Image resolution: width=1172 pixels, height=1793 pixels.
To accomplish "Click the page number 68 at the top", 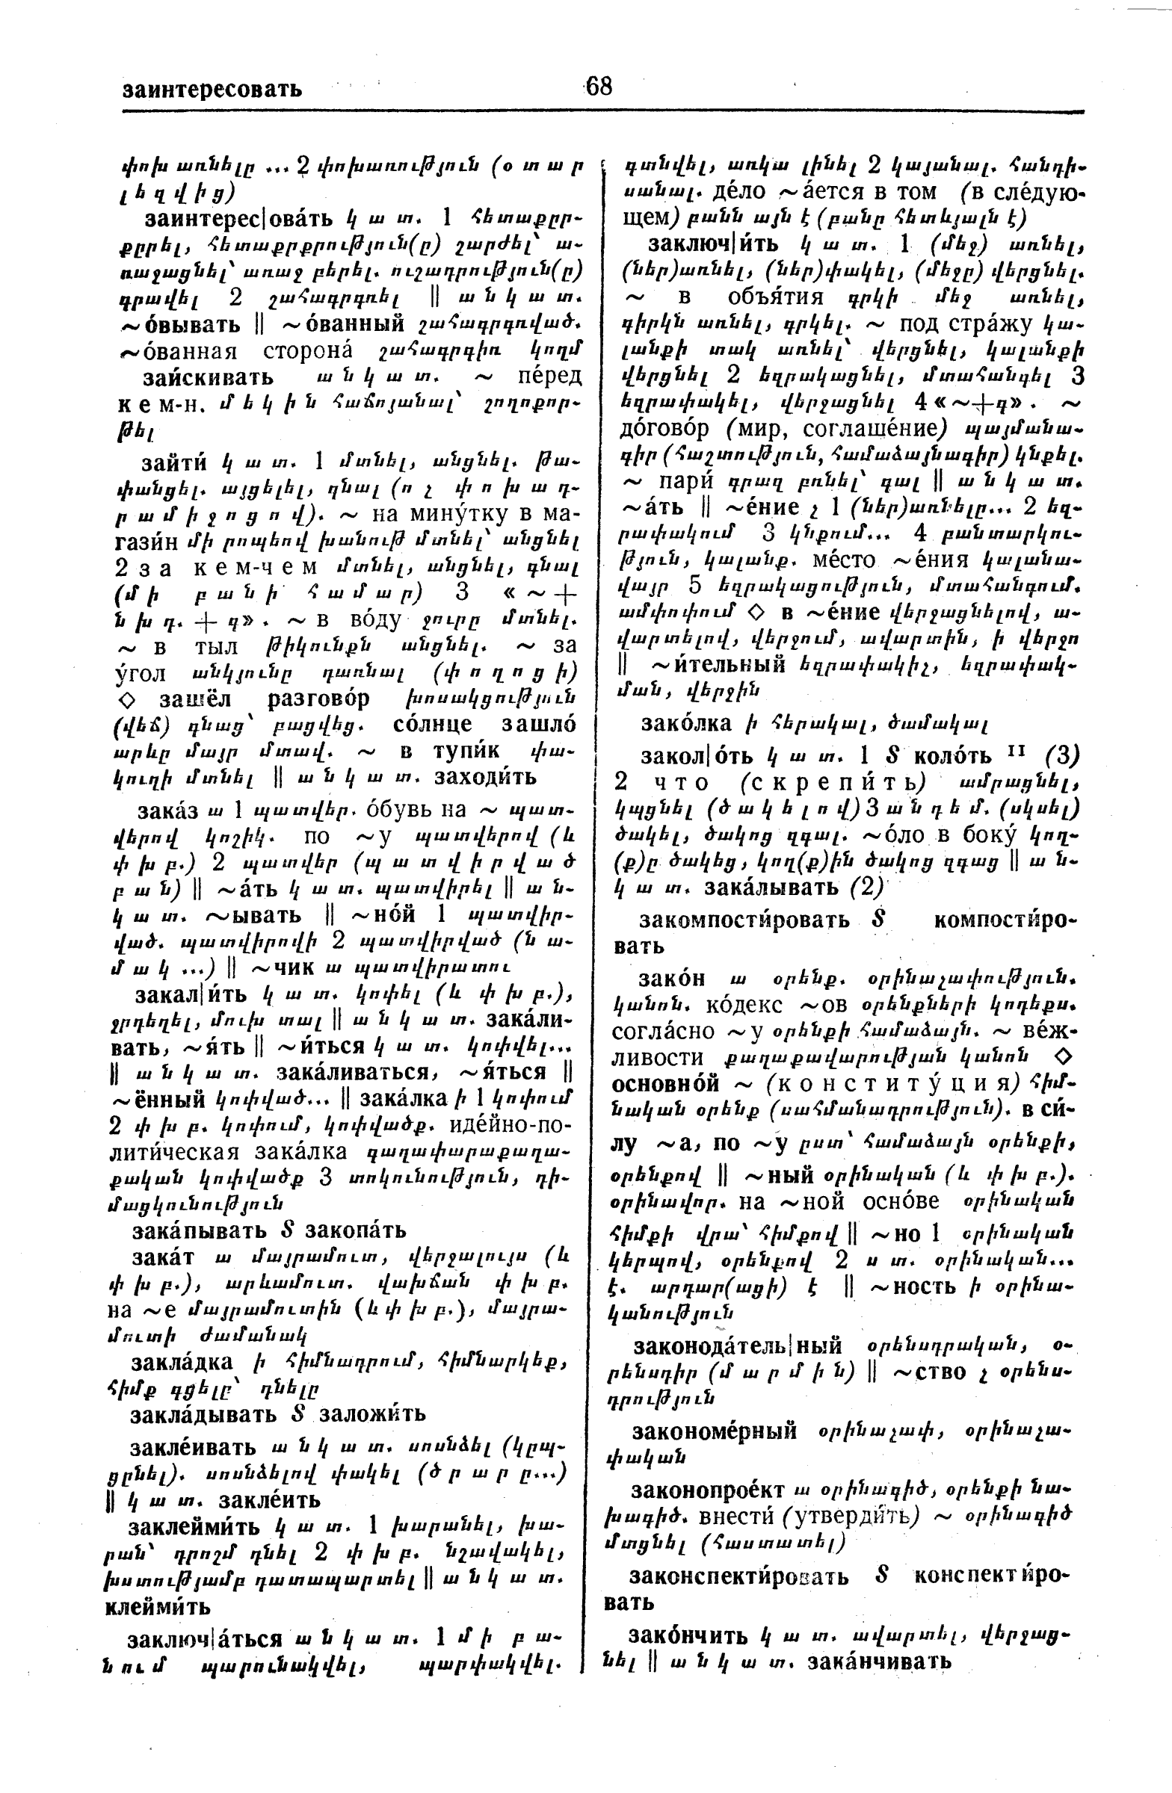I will click(x=599, y=87).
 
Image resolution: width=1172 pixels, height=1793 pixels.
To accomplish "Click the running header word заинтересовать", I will click(x=212, y=90).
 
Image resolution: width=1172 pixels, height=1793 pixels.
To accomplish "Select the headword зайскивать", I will click(x=208, y=377).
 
